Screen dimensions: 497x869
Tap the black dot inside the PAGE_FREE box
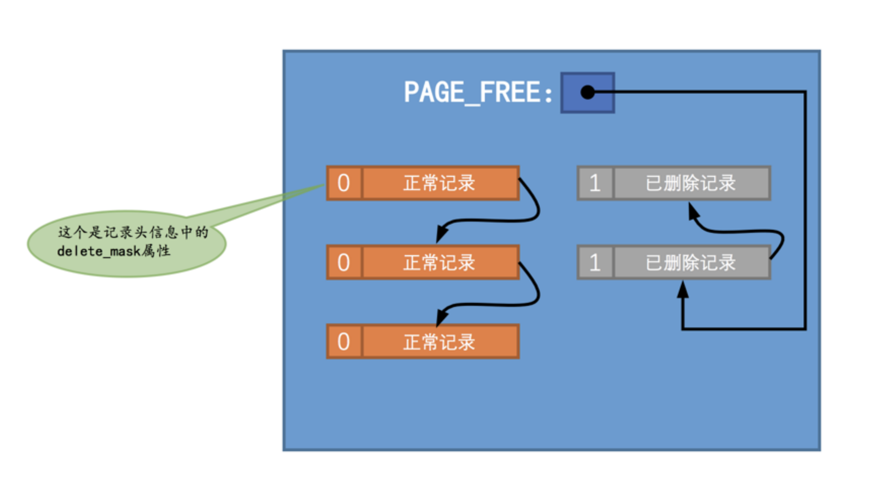[587, 92]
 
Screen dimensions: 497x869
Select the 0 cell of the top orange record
[344, 183]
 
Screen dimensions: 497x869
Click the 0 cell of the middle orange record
[344, 262]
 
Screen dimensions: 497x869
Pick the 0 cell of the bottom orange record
[344, 342]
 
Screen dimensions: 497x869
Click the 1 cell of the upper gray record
[595, 183]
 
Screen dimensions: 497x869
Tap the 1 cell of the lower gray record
[595, 262]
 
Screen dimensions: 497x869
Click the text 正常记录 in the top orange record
[439, 183]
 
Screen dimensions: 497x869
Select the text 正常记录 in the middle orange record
[439, 262]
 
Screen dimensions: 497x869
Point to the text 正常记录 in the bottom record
[439, 342]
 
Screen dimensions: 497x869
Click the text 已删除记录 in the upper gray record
[690, 183]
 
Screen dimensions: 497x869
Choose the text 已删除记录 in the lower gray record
[690, 262]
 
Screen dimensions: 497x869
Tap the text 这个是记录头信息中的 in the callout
[133, 232]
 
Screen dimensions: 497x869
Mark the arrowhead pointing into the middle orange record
[441, 235]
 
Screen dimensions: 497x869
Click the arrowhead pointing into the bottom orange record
[441, 318]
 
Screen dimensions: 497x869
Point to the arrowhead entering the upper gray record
[693, 211]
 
